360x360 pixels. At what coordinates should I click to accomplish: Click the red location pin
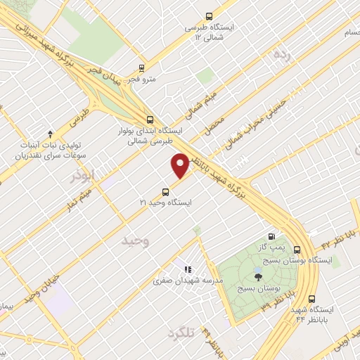coord(181,165)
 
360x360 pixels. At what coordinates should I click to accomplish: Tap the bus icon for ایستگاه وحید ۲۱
coord(166,191)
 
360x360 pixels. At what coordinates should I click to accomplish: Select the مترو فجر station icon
coord(142,69)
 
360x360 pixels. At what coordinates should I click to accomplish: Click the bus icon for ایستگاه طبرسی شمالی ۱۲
coord(209,16)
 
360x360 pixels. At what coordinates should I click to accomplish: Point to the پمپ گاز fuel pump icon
coord(271,238)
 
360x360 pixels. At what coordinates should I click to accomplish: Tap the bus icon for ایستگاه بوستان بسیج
coord(297,249)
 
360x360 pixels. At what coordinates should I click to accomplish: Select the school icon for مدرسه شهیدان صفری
coord(186,269)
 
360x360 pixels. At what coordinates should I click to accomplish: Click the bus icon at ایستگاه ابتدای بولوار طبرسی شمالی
coord(149,120)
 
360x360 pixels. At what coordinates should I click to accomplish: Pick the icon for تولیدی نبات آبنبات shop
coord(50,134)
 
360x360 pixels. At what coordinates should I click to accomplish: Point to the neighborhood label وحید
coord(136,241)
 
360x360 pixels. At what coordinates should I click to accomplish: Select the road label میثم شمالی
coord(202,103)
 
